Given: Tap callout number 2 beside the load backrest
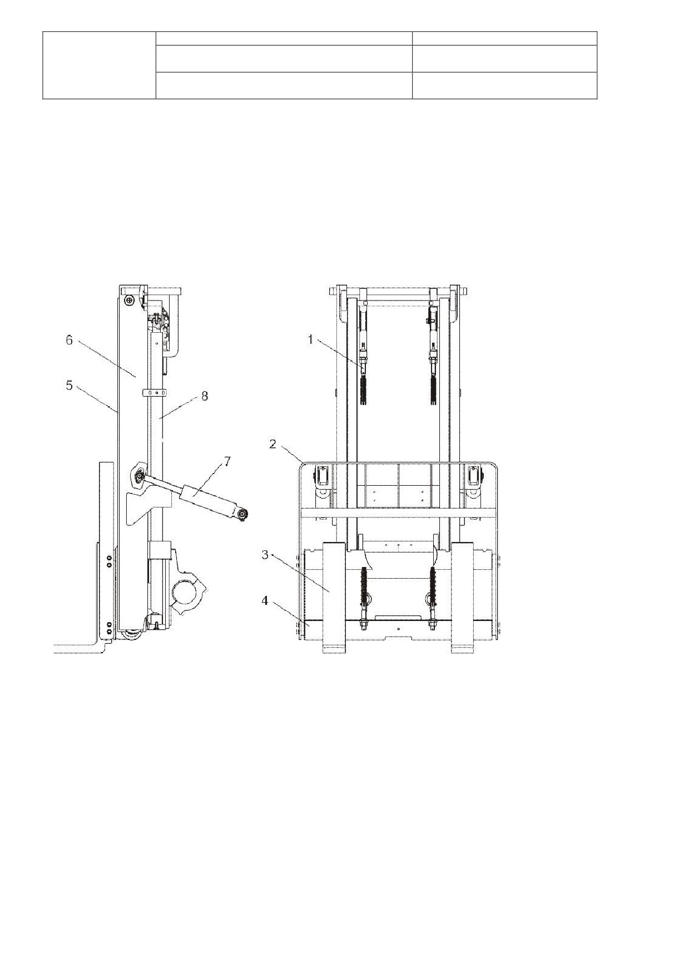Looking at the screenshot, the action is tap(273, 443).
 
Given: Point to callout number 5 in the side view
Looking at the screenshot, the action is tap(69, 385).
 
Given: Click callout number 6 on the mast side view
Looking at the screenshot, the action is tap(69, 339).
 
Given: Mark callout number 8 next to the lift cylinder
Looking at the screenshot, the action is tap(205, 396).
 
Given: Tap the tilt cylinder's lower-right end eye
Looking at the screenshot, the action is tap(242, 516).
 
